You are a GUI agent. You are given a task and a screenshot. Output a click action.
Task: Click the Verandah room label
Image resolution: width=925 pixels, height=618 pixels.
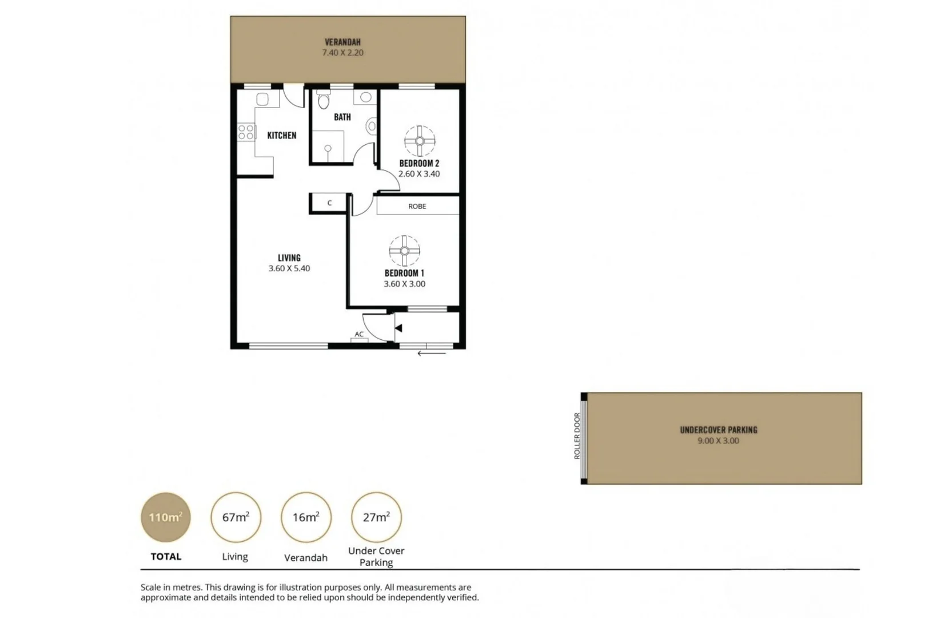point(342,42)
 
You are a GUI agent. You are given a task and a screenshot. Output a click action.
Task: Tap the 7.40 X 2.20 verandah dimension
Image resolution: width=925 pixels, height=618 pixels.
point(342,53)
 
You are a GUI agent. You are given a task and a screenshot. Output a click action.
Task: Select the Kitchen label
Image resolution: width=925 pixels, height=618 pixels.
point(282,136)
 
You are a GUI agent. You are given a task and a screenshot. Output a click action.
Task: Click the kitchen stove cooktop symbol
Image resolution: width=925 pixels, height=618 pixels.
point(246,132)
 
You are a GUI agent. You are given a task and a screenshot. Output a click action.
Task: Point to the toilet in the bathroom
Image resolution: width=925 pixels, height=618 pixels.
point(324,101)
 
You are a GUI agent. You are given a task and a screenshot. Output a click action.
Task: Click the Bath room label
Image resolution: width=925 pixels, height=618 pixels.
point(342,117)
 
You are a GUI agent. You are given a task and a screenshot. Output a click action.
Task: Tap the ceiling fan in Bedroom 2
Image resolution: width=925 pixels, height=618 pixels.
point(420,141)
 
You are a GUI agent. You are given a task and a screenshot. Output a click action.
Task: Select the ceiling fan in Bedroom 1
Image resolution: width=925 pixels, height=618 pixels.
point(404,251)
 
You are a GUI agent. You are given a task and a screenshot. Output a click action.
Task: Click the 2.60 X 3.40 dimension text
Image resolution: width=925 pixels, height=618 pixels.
point(419,174)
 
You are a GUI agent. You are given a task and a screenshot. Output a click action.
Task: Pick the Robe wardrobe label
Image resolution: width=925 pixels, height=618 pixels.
point(417,206)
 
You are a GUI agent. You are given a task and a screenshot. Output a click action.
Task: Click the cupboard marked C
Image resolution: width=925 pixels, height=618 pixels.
point(329,203)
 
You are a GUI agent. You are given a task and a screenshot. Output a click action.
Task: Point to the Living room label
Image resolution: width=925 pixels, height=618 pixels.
point(289,258)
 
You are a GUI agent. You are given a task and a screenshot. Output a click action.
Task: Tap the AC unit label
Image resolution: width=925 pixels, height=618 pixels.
point(359,334)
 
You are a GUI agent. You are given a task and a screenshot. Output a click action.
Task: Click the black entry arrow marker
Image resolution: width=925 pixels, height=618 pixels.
point(398,328)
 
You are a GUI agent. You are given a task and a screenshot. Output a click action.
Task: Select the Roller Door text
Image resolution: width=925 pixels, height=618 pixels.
point(577,436)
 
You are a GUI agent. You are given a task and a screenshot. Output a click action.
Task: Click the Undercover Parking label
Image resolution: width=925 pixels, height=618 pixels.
point(719,430)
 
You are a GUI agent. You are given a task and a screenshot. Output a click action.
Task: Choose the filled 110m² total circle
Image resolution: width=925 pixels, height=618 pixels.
point(166,517)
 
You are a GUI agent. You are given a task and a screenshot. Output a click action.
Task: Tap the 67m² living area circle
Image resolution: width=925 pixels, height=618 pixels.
point(236,517)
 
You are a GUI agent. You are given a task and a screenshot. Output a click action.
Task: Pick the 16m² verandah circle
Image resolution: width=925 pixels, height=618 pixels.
point(306,517)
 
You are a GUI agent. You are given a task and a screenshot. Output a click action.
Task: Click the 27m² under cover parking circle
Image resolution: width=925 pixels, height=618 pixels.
point(376,517)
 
